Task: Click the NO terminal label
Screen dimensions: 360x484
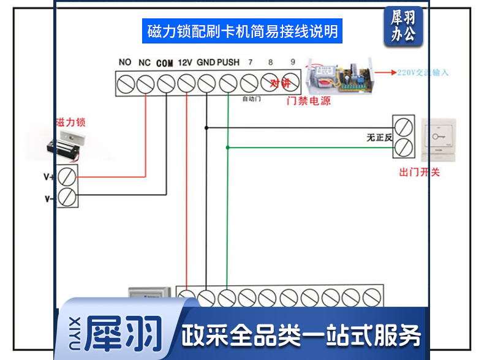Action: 125,62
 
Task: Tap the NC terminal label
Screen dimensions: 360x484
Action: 145,62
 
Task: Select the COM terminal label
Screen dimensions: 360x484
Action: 165,62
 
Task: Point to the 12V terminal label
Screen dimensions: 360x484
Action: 186,62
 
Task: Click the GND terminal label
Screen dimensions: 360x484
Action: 206,62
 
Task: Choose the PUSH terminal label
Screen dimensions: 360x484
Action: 229,62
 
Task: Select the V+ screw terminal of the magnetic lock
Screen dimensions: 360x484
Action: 67,177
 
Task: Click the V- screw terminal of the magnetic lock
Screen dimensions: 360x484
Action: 67,197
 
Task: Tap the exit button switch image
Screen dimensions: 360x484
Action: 438,139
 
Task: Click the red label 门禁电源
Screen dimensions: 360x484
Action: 309,101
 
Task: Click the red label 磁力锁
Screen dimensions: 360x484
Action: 70,122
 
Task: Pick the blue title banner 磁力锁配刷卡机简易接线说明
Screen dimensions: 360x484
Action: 242,31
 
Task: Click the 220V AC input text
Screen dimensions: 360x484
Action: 423,72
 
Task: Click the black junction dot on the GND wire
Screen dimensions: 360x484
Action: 206,127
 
